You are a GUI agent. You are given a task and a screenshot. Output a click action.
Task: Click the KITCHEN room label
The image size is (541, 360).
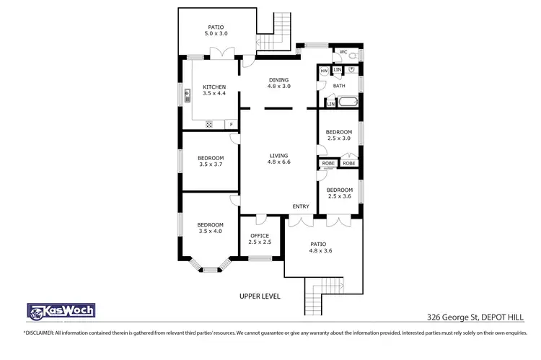[x=214, y=90]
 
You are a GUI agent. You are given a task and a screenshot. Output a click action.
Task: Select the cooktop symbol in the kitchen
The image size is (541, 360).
[x=209, y=124]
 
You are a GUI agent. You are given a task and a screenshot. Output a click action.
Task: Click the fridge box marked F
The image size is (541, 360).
[x=231, y=124]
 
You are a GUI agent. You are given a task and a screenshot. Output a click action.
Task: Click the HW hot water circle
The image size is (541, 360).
[x=325, y=71]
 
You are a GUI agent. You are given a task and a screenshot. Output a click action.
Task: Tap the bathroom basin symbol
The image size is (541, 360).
[x=351, y=70]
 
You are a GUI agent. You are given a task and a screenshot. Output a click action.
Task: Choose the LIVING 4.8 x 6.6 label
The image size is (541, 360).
[x=278, y=159]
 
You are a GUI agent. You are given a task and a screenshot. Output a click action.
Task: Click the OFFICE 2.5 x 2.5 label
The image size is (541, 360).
[x=260, y=239]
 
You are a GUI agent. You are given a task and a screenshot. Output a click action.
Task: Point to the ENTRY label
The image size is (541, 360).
[x=301, y=207]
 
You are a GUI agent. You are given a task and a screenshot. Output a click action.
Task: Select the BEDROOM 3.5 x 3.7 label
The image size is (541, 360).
[x=211, y=161]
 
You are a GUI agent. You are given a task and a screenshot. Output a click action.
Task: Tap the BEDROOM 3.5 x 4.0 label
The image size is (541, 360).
[x=211, y=227]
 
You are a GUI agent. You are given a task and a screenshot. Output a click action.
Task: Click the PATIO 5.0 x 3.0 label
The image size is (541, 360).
[x=217, y=30]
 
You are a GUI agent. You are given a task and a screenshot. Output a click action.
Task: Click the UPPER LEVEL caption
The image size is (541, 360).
[x=260, y=297]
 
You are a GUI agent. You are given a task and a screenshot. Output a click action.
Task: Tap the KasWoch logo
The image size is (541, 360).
[x=61, y=311]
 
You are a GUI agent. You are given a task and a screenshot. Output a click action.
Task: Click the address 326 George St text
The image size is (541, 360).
[x=447, y=317]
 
